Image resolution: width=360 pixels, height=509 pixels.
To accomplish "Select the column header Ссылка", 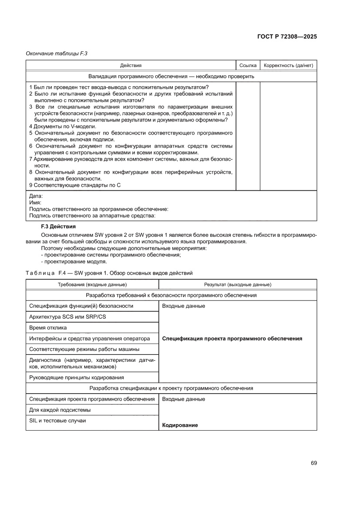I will [248, 65].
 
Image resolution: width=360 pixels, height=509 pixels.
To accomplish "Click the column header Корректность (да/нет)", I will [288, 65].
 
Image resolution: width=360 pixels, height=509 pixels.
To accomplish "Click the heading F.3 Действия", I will [58, 226].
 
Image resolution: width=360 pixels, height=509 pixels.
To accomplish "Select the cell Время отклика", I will [48, 327].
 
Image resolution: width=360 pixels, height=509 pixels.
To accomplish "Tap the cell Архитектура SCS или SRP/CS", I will [67, 317].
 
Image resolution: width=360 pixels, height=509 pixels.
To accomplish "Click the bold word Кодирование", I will [180, 425].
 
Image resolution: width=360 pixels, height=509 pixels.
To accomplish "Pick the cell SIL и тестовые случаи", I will [57, 420].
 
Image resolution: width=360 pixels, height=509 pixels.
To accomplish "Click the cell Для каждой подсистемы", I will [60, 410].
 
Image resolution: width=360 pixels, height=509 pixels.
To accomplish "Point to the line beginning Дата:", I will [36, 196].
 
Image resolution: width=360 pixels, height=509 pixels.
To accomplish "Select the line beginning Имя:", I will [35, 202].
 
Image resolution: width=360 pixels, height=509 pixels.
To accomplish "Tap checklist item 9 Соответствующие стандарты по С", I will [74, 185].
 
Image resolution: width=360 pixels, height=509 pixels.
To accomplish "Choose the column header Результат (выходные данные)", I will [238, 284].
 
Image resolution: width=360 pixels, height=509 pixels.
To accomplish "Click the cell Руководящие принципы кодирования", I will [76, 377].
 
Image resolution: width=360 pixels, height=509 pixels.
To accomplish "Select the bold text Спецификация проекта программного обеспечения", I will [232, 338].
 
